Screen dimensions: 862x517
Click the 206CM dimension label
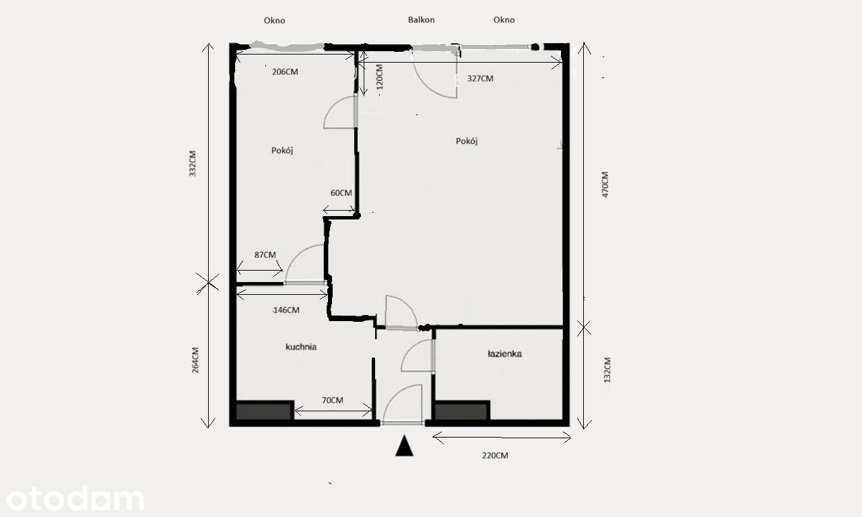coord(285,71)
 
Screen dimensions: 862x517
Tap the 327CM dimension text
coord(480,79)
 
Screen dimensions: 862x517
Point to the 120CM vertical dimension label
coord(379,77)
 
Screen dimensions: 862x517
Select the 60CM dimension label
coord(341,193)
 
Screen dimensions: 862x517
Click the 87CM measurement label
coord(265,254)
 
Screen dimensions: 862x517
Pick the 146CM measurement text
coord(286,310)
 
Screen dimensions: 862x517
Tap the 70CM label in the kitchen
coord(333,401)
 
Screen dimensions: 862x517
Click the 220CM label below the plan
coord(495,456)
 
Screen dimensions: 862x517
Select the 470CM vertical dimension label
coord(605,184)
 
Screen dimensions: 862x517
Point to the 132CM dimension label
coord(607,370)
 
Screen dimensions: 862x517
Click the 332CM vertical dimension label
coord(193,164)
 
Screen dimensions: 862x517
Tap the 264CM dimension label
coord(195,360)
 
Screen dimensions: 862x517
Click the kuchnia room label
coord(301,347)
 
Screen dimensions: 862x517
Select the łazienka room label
coord(504,353)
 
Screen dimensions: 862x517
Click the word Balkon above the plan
coord(422,20)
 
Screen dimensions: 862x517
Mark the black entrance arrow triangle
coord(405,446)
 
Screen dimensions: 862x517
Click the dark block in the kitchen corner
coord(265,411)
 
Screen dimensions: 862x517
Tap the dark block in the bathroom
coord(462,411)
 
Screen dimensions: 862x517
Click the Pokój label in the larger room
coord(467,141)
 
